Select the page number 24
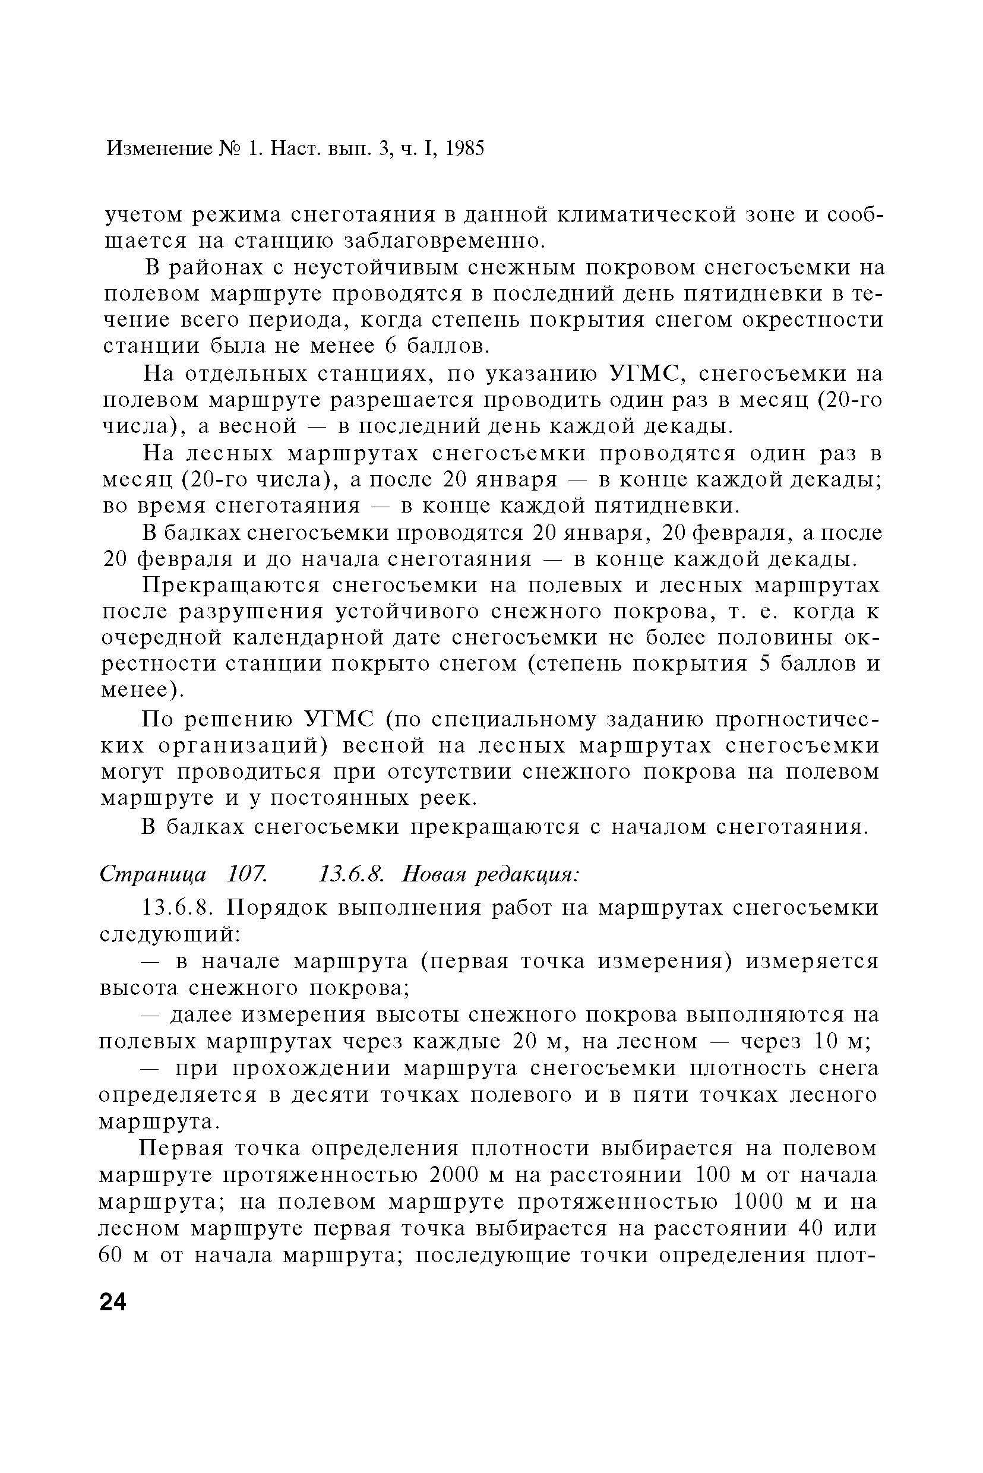point(113,1302)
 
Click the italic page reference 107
point(247,873)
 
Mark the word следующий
point(169,934)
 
